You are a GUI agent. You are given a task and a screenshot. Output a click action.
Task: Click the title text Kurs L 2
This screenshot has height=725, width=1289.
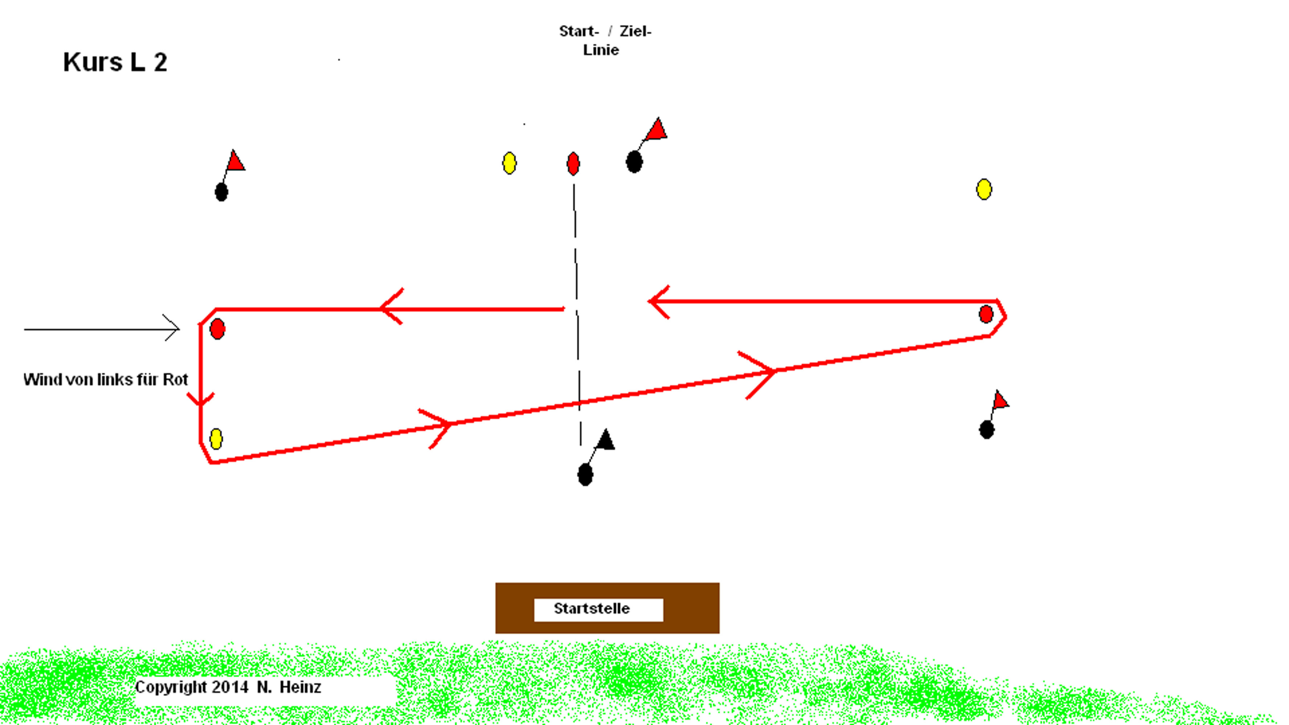point(115,62)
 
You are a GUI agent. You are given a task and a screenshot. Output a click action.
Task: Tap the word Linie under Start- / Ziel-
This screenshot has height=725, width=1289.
point(601,50)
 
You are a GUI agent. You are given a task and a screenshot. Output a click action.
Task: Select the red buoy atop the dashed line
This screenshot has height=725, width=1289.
point(573,164)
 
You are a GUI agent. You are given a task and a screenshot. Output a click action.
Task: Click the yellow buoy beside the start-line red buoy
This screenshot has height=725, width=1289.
point(510,163)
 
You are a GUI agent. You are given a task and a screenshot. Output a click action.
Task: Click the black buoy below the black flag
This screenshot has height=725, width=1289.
point(585,474)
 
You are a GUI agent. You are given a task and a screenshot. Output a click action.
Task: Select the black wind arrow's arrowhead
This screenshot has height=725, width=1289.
point(172,328)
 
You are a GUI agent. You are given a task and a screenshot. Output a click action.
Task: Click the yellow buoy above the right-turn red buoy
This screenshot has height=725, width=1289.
point(984,189)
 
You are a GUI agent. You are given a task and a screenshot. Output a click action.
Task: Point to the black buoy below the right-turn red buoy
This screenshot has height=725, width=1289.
point(987,430)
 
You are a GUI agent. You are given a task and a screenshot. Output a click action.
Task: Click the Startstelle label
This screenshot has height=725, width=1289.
point(592,609)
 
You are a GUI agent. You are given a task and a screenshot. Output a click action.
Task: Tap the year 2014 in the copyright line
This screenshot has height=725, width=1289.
point(230,687)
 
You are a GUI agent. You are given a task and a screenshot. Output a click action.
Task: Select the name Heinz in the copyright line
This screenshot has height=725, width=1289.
point(300,687)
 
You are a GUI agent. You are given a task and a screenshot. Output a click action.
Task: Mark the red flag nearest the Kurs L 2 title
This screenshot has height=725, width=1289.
point(235,161)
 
